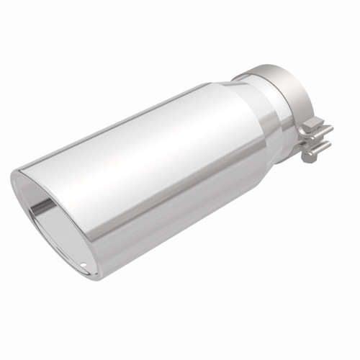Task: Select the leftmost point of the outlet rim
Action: tap(12, 176)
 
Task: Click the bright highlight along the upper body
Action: tap(144, 126)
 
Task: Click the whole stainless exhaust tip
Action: tap(166, 173)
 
